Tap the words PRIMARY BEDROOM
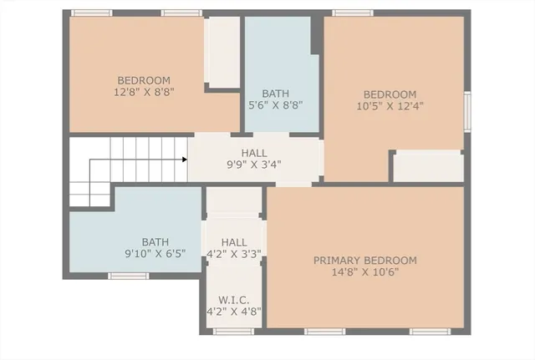(x=364, y=261)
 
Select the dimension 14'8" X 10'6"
(x=364, y=272)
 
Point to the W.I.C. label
(x=233, y=300)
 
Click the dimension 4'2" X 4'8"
(x=233, y=312)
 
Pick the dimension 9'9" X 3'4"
(x=254, y=165)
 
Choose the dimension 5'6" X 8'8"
(x=282, y=105)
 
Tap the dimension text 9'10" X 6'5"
(x=155, y=253)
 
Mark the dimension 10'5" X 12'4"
(x=389, y=105)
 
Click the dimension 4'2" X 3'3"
(x=233, y=253)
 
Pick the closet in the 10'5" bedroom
(x=427, y=166)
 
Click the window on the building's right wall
(x=467, y=111)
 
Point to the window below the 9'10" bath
(x=128, y=276)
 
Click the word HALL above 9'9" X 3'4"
(x=254, y=153)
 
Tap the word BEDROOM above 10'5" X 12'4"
(x=389, y=94)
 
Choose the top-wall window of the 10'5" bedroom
(x=352, y=13)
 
